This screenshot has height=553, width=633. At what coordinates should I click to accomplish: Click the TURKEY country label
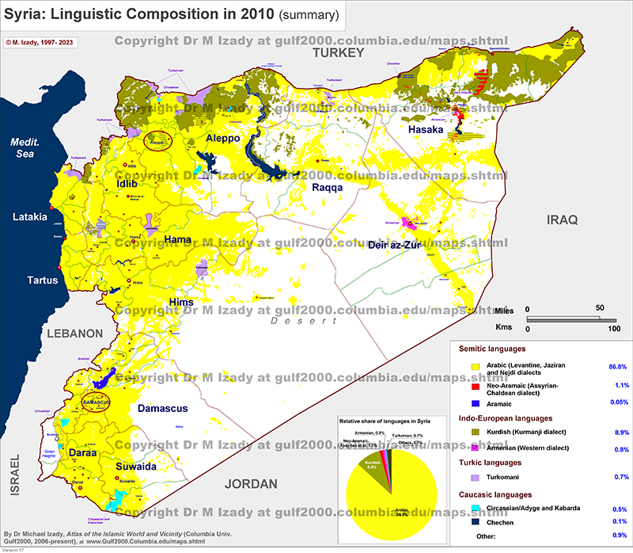pos(337,52)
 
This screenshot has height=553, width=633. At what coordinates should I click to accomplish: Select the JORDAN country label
pos(251,484)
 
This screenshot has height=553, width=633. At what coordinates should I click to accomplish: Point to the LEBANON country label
pos(74,334)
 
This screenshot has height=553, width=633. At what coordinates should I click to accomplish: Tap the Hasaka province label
pos(425,128)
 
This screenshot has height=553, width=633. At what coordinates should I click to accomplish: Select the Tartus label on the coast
pos(42,280)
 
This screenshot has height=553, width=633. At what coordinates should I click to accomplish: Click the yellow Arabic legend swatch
pos(476,368)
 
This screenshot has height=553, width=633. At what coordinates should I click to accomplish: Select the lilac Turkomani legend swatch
pos(476,478)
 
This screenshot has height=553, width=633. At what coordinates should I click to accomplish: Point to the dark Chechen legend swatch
pos(476,522)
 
